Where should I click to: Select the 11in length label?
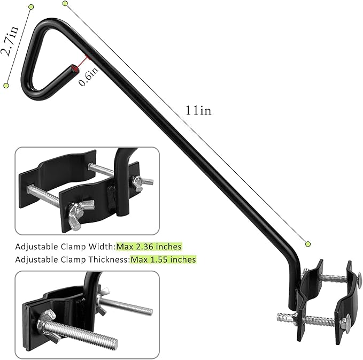pos(199,111)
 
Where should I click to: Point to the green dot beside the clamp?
pos(308,244)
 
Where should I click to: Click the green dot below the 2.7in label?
pos(7,85)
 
